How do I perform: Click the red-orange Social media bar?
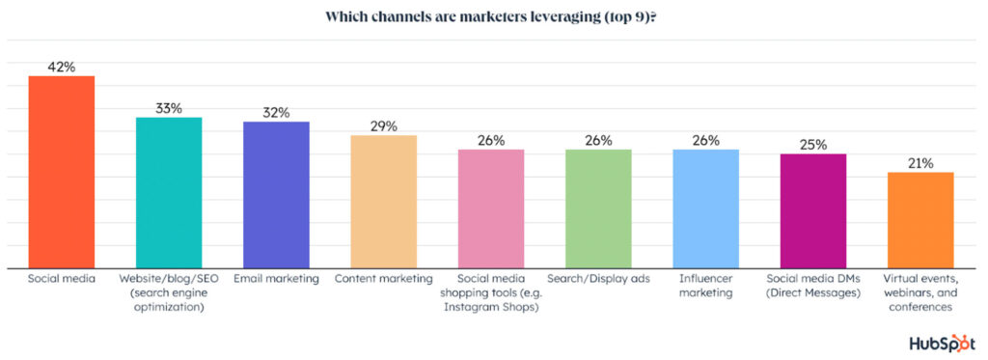61,172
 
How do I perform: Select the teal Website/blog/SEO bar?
168,193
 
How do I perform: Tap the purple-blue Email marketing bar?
276,195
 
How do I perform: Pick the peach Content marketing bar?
383,202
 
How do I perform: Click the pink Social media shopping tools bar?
491,208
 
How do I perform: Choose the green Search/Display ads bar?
598,208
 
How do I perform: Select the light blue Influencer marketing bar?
705,208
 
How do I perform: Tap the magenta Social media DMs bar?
813,211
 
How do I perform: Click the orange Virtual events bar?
920,220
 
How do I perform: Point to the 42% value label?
61,67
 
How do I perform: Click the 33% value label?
169,108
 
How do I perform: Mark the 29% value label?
383,126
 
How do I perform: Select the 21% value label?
920,163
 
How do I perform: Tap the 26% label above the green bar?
598,140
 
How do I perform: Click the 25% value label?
813,145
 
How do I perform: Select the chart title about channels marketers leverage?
493,16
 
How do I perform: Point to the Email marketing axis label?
276,279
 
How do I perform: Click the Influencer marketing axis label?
705,286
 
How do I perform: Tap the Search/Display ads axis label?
598,279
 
